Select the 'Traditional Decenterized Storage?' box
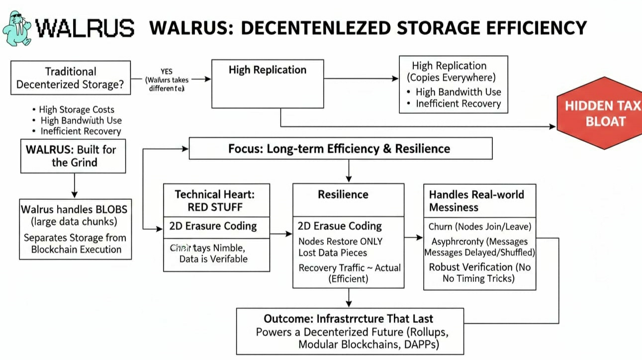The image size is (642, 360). pos(70,78)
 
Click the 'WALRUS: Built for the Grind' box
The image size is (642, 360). pos(73,156)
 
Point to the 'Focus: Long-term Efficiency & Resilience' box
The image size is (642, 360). pos(340,149)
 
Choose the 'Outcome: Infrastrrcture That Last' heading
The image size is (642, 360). pos(348,319)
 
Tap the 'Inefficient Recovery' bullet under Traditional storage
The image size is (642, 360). pos(81,131)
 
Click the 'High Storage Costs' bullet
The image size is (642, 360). pos(77,109)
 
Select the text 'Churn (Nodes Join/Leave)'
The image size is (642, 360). pos(480,227)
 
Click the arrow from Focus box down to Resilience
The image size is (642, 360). pos(348,171)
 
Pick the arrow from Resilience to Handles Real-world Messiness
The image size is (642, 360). pos(413,238)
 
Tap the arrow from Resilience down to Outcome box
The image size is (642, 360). pos(349,297)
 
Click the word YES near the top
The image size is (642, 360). pos(166,72)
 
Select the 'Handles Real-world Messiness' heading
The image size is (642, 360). pos(476,200)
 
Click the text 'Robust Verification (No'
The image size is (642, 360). pos(479,267)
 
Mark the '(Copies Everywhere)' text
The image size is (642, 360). pos(452,78)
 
